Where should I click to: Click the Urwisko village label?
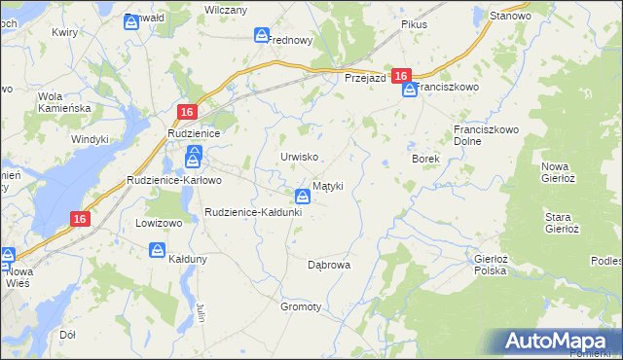coord(299,157)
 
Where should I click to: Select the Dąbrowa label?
coord(328,265)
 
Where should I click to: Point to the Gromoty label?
coord(301,306)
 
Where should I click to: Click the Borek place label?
coord(426,159)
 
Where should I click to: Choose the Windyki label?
coord(90,139)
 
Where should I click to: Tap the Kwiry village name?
coord(65,32)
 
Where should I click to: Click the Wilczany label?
coord(225,9)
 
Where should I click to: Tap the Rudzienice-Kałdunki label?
coord(253,212)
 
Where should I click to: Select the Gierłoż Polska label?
coord(490,265)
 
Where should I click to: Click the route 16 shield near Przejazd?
coord(401,75)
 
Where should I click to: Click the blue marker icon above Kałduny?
coord(158,250)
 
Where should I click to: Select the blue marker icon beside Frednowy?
coord(262,35)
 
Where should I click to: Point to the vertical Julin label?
coord(201,313)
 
